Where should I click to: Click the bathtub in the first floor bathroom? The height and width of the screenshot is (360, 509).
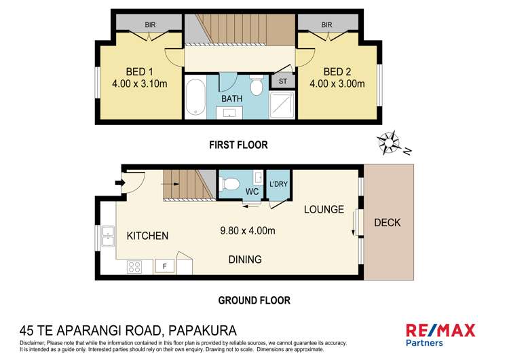tap(194, 98)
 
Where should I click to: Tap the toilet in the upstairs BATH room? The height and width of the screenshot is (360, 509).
tap(256, 86)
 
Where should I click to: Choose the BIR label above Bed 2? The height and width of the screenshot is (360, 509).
tap(326, 25)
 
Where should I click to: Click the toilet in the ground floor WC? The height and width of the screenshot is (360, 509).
tap(229, 183)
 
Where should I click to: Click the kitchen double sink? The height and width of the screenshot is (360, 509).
tap(108, 237)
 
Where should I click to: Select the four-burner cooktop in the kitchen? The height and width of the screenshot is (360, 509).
tap(134, 266)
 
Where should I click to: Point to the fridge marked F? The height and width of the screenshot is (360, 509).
tap(164, 266)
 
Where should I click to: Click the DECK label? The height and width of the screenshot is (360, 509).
tap(387, 222)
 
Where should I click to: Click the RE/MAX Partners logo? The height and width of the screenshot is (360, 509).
tap(440, 335)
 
